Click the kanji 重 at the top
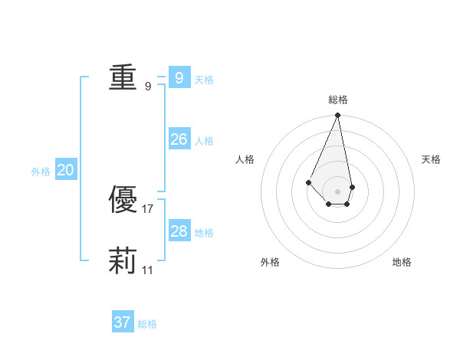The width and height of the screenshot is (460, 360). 123,77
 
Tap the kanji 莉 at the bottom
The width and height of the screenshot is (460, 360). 123,261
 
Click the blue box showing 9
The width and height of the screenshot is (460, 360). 179,77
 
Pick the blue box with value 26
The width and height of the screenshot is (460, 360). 179,139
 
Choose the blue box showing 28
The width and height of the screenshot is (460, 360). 179,231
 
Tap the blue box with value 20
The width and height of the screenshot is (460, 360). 65,169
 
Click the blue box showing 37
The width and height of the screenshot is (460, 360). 122,322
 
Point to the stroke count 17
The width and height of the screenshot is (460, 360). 148,208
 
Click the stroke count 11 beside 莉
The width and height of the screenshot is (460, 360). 148,270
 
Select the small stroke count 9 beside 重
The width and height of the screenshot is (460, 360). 148,86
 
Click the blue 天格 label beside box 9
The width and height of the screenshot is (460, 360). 204,79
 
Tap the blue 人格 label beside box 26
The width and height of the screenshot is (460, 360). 204,140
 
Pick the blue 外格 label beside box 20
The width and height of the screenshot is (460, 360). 41,172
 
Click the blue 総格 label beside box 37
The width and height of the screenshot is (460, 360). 147,324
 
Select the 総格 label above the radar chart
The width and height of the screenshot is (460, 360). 338,100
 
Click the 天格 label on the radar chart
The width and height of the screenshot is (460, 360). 432,159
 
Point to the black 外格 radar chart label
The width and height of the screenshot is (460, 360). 270,262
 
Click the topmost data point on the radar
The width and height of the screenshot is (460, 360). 338,116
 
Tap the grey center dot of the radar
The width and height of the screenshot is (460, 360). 338,191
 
